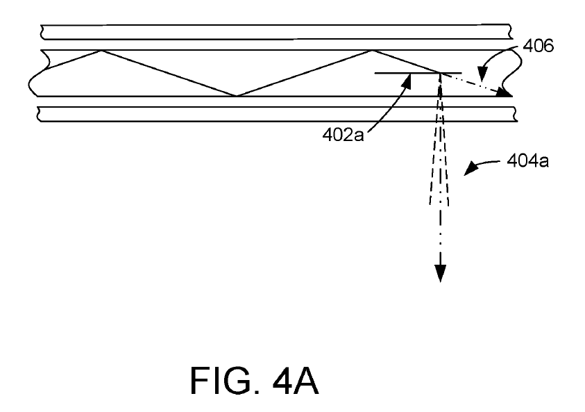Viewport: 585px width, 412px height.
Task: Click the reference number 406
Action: click(538, 46)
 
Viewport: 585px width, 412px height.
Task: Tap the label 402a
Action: click(343, 135)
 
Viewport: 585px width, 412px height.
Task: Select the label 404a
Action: click(527, 160)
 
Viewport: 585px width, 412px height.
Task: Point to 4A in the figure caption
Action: click(296, 380)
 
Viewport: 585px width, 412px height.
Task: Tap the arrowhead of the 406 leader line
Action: click(482, 74)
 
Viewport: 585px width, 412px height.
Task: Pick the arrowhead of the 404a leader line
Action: click(470, 168)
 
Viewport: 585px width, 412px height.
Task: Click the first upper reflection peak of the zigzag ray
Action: click(101, 51)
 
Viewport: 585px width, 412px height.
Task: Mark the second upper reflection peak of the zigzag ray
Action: click(371, 51)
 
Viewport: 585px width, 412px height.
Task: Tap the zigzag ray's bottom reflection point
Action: click(237, 96)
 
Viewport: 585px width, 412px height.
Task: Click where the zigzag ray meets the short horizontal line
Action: click(440, 73)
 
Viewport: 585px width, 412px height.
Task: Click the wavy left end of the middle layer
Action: click(37, 74)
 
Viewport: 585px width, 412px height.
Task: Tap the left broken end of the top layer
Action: click(42, 32)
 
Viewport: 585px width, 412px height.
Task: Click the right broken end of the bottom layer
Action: click(515, 115)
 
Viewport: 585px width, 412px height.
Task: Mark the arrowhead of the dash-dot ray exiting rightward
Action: click(505, 92)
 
